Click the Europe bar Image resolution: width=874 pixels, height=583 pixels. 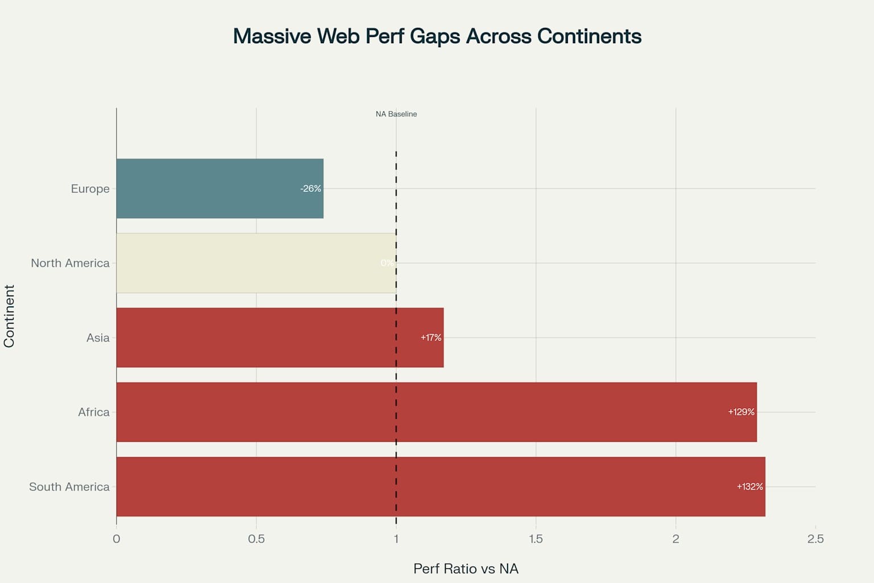point(220,188)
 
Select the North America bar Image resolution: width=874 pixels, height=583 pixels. point(256,263)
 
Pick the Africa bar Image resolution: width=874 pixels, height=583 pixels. point(436,412)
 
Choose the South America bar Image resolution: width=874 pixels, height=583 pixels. point(440,487)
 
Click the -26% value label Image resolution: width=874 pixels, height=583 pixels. point(311,188)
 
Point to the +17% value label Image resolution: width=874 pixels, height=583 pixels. point(431,338)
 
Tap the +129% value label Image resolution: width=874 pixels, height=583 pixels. point(741,412)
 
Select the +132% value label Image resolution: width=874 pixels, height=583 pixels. point(749,487)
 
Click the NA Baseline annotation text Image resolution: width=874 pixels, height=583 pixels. point(396,114)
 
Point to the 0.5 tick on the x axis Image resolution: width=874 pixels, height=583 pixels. point(256,539)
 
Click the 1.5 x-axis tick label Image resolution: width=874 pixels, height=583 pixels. point(535,539)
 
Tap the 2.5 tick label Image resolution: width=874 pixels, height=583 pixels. point(815,539)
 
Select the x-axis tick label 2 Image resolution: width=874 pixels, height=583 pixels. point(675,539)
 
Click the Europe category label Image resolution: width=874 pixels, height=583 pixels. point(90,188)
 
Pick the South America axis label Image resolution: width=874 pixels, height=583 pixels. point(69,487)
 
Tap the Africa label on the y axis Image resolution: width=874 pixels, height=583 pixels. point(93,412)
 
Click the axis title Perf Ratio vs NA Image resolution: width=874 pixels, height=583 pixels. point(465,569)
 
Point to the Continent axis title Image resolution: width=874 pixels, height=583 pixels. point(9,316)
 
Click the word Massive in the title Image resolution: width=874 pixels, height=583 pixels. point(272,36)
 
